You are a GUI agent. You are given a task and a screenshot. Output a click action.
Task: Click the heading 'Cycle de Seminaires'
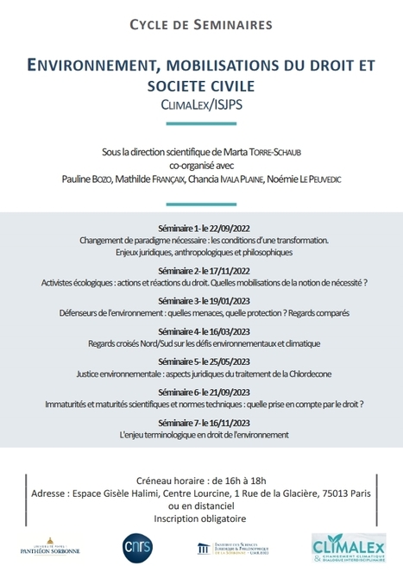200,24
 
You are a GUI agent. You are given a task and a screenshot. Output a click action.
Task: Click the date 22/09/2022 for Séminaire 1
226,229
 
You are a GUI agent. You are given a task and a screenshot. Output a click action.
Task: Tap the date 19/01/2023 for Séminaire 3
226,299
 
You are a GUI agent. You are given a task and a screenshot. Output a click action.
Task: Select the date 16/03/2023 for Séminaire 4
226,331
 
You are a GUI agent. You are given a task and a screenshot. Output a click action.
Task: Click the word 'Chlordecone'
309,374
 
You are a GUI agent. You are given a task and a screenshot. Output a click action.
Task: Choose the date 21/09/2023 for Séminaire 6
226,393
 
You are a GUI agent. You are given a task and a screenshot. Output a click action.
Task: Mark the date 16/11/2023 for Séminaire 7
226,423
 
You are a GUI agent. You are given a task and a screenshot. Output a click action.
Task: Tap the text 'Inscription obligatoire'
200,519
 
